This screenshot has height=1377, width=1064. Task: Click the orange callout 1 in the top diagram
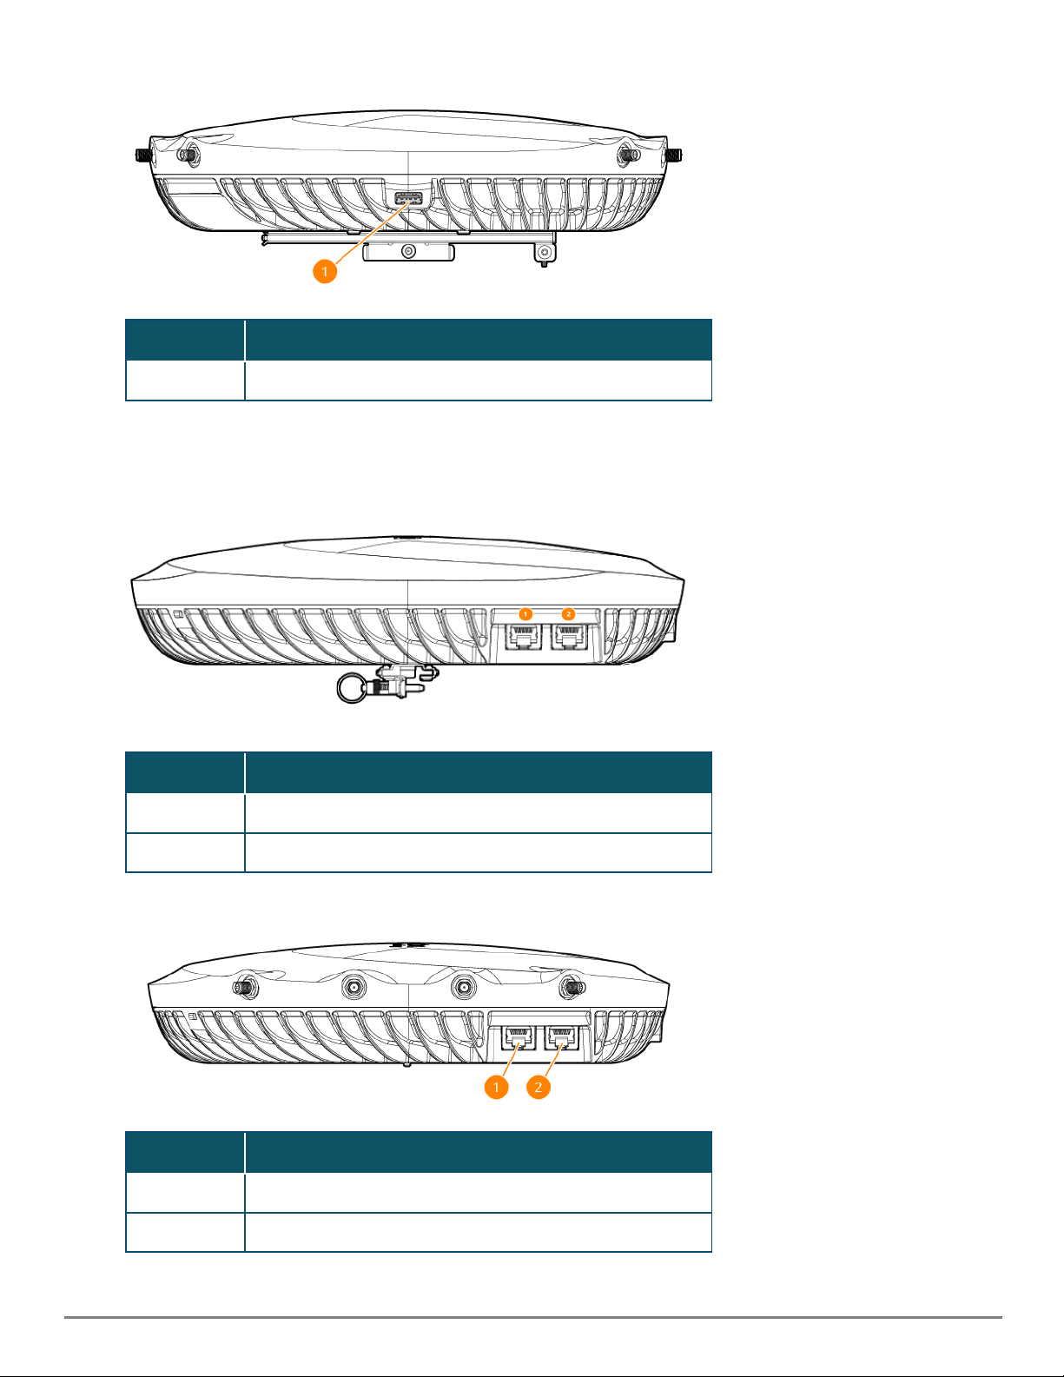pyautogui.click(x=325, y=271)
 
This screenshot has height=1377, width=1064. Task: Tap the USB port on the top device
pyautogui.click(x=408, y=199)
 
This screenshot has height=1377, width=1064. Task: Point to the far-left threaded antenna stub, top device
pyautogui.click(x=144, y=155)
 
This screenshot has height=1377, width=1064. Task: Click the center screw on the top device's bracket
pyautogui.click(x=408, y=252)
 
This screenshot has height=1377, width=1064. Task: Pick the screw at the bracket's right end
pyautogui.click(x=544, y=253)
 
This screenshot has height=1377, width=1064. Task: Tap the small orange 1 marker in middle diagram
pyautogui.click(x=525, y=614)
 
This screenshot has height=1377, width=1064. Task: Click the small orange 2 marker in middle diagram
pyautogui.click(x=568, y=614)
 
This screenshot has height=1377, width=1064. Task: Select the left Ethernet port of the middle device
pyautogui.click(x=523, y=637)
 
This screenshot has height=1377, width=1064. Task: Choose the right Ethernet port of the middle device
pyautogui.click(x=569, y=637)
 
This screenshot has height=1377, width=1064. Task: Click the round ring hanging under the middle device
pyautogui.click(x=351, y=687)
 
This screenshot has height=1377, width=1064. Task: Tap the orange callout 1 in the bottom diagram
pyautogui.click(x=497, y=1087)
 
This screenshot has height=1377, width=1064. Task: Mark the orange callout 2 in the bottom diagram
pyautogui.click(x=539, y=1087)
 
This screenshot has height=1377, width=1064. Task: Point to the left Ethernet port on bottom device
pyautogui.click(x=518, y=1038)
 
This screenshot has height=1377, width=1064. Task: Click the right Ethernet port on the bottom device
pyautogui.click(x=561, y=1038)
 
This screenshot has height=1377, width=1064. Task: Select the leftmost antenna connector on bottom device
pyautogui.click(x=244, y=987)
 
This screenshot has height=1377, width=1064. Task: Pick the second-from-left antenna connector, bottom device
pyautogui.click(x=354, y=987)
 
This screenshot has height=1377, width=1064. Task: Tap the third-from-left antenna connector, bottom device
pyautogui.click(x=463, y=987)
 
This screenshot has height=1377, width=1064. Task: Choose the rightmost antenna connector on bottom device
pyautogui.click(x=572, y=987)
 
